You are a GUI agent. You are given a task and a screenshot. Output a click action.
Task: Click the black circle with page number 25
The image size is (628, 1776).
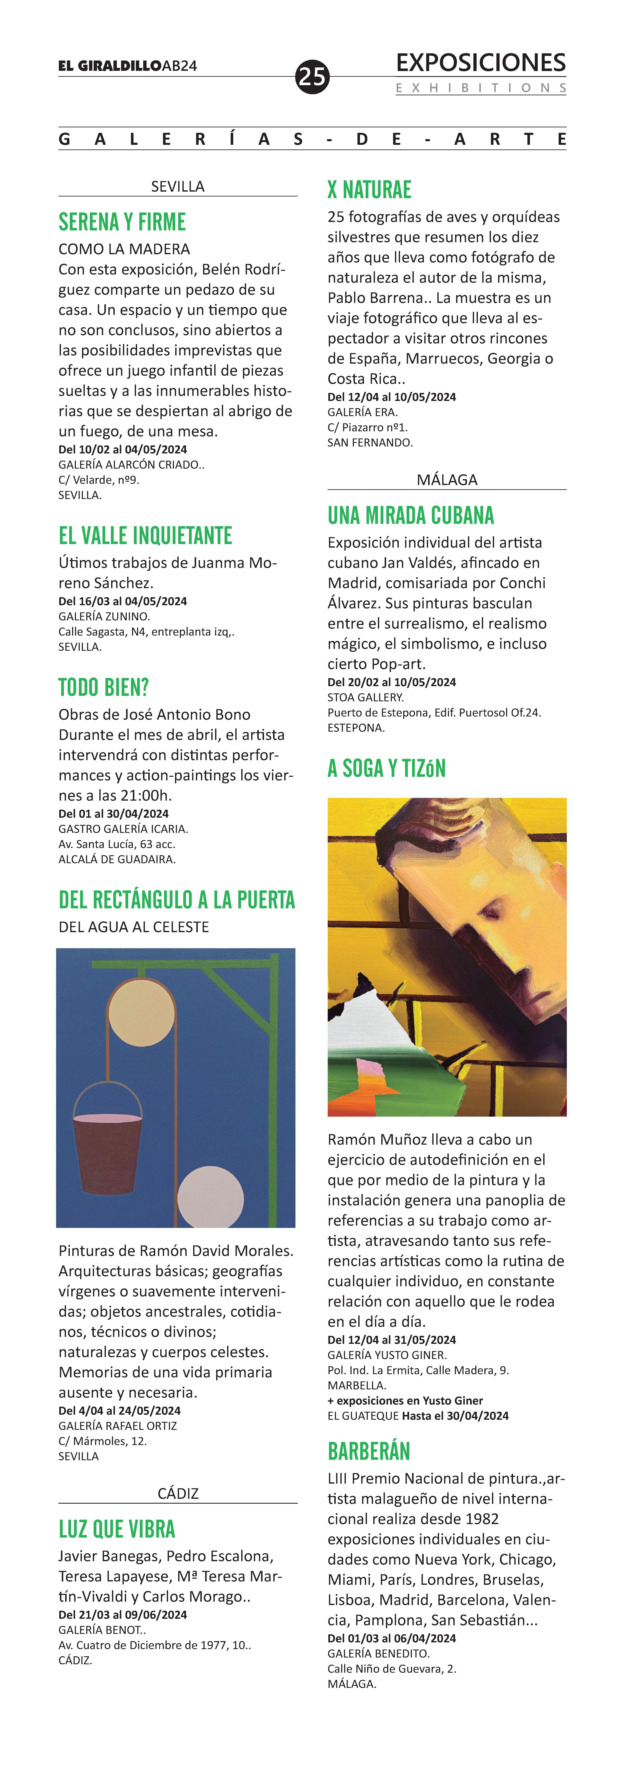click(312, 77)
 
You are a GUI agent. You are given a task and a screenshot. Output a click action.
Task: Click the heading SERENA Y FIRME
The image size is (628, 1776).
click(122, 222)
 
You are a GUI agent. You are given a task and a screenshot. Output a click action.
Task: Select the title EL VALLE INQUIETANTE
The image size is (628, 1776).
click(145, 536)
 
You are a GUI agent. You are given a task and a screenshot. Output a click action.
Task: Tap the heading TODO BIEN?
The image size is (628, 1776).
click(103, 687)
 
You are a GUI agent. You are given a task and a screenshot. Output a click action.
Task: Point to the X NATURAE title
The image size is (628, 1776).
click(369, 190)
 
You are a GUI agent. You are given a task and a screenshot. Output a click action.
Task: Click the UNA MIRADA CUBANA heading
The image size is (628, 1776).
click(410, 516)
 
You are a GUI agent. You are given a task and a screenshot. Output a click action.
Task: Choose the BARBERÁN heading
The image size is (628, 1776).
click(369, 1451)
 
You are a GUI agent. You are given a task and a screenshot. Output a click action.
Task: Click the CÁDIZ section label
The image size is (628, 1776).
click(178, 1493)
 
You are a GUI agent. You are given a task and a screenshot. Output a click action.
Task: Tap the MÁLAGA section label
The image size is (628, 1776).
click(447, 480)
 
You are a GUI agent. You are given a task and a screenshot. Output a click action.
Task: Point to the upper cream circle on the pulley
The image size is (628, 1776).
click(142, 1012)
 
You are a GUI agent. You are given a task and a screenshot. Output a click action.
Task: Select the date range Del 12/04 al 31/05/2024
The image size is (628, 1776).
click(392, 1340)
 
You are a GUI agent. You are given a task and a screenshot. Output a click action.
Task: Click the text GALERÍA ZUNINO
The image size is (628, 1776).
click(103, 616)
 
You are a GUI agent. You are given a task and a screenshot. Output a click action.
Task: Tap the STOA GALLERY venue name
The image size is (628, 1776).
click(365, 697)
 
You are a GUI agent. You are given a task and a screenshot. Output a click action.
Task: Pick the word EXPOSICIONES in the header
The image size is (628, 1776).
click(480, 63)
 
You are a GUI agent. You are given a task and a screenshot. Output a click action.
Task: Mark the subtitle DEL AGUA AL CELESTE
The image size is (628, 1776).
click(134, 927)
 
